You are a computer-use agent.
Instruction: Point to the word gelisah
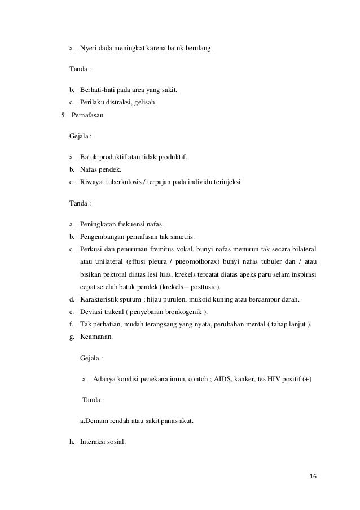pyautogui.click(x=144, y=103)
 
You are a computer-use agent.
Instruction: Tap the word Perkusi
pyautogui.click(x=93, y=250)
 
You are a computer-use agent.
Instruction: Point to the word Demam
pyautogui.click(x=98, y=420)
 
